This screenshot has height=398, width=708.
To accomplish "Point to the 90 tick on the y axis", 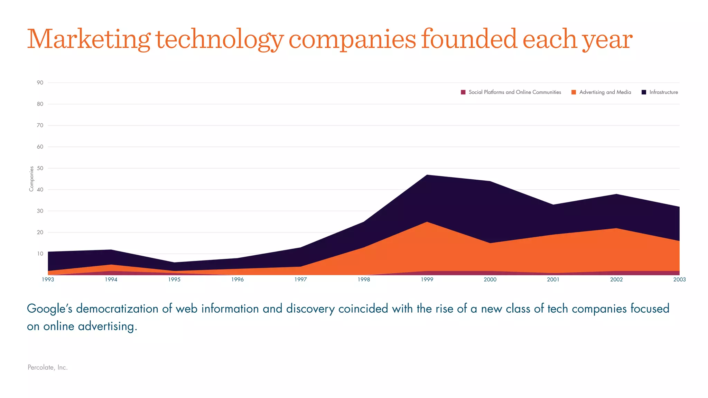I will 40,83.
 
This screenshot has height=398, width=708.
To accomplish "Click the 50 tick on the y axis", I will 40,168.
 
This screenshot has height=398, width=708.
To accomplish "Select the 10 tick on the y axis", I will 40,254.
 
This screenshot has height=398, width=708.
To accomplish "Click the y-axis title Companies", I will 31,179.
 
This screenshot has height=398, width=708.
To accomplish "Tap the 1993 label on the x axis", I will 48,279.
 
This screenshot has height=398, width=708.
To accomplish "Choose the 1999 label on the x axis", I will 427,279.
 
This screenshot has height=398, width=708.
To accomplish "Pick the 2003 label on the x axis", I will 679,279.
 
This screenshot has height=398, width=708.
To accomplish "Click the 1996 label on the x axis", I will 237,279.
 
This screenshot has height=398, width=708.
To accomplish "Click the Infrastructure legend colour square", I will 644,92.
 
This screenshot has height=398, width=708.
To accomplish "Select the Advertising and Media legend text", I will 605,92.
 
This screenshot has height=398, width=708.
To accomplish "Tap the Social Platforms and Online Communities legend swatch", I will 463,92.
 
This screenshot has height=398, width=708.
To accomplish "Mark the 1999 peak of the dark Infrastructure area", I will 427,175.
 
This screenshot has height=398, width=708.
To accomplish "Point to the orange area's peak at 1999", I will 427,222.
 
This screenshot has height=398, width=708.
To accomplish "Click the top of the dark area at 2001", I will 553,205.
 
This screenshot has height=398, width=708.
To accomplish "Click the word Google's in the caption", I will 49,309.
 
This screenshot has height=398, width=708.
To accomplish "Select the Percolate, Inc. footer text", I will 47,367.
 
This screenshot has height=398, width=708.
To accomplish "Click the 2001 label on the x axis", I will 553,279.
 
